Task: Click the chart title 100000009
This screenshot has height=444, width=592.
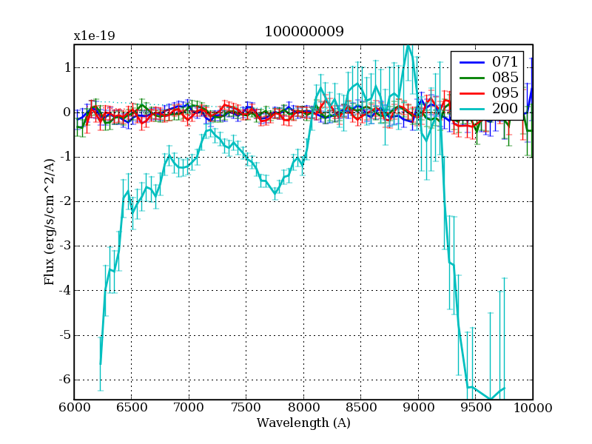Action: coord(303,31)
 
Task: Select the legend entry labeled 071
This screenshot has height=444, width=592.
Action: coord(502,61)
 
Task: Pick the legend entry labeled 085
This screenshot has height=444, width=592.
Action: coord(502,77)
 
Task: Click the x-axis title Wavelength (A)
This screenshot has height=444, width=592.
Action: coord(303,423)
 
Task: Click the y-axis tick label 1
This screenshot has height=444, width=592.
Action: coord(67,68)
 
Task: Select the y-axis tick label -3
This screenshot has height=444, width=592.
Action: coord(64,246)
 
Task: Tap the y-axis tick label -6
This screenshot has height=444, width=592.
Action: coord(64,380)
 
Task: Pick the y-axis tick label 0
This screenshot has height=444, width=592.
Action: coord(67,112)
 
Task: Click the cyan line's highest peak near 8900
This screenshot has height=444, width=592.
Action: coord(408,46)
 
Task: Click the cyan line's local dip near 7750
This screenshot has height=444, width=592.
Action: coord(275,194)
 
